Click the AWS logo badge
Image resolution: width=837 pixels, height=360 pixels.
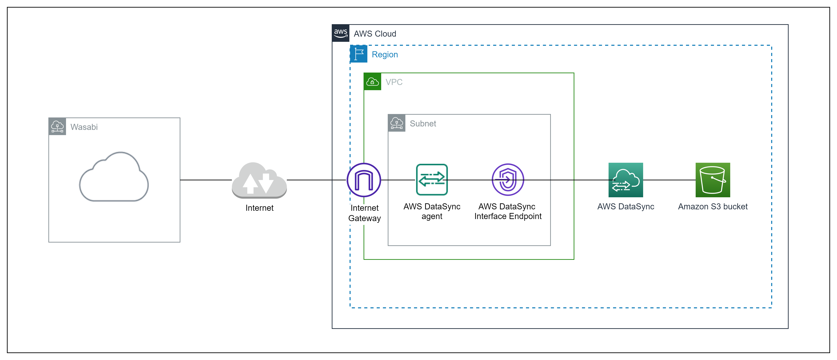pos(341,33)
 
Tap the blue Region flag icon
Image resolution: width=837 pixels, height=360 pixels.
pos(359,54)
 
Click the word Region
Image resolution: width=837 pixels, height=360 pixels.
pos(385,55)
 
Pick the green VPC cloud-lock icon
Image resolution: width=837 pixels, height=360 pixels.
pos(372,82)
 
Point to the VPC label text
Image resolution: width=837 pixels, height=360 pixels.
pos(394,82)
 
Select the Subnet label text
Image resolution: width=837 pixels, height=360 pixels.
pos(423,124)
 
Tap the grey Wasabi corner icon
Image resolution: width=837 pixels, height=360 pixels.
pos(57,126)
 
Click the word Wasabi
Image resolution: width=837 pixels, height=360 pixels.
pos(84,127)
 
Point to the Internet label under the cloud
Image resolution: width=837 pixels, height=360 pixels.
pos(259,208)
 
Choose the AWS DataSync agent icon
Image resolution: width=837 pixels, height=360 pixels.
pos(432,180)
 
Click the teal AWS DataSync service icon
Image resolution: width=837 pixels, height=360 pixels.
pos(626,180)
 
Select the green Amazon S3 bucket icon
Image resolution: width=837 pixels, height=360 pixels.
pos(713,180)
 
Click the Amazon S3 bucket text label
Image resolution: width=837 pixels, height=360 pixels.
pos(713,207)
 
